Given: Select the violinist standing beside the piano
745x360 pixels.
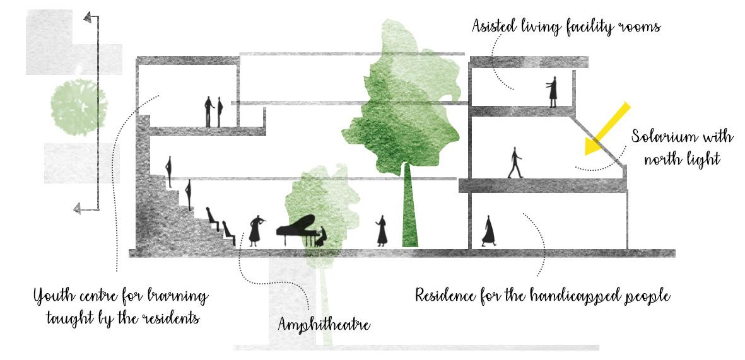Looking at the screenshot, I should click(x=255, y=230).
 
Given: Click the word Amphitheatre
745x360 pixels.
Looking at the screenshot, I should click(x=324, y=325).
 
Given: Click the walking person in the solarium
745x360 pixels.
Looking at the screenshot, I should click(x=516, y=163).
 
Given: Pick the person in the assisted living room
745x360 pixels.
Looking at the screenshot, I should click(x=553, y=92).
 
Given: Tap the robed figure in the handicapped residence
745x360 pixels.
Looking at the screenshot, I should click(x=488, y=231).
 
